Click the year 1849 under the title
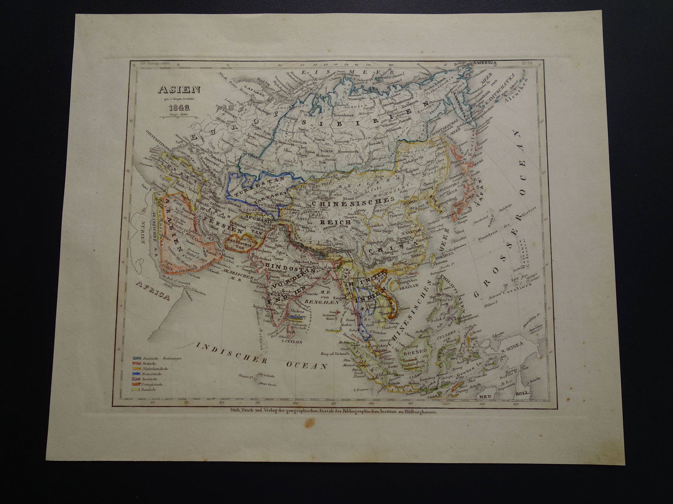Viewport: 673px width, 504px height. coord(174,107)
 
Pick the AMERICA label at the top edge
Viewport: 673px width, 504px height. coord(486,62)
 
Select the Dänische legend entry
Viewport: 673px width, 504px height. coord(150,389)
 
